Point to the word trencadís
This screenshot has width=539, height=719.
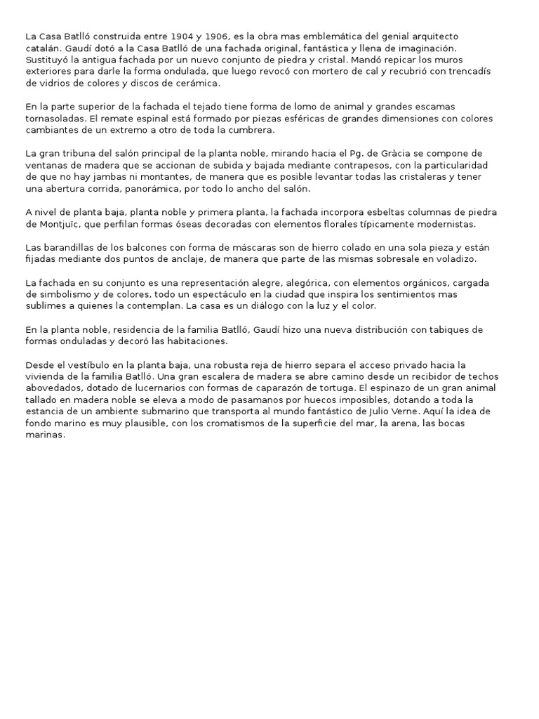[470, 71]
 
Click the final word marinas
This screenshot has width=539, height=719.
[45, 435]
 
